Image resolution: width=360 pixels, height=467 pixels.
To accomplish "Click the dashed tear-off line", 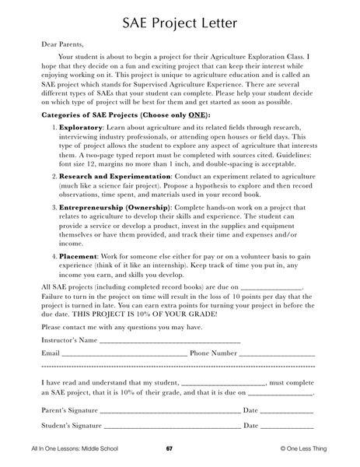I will point(179,366).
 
